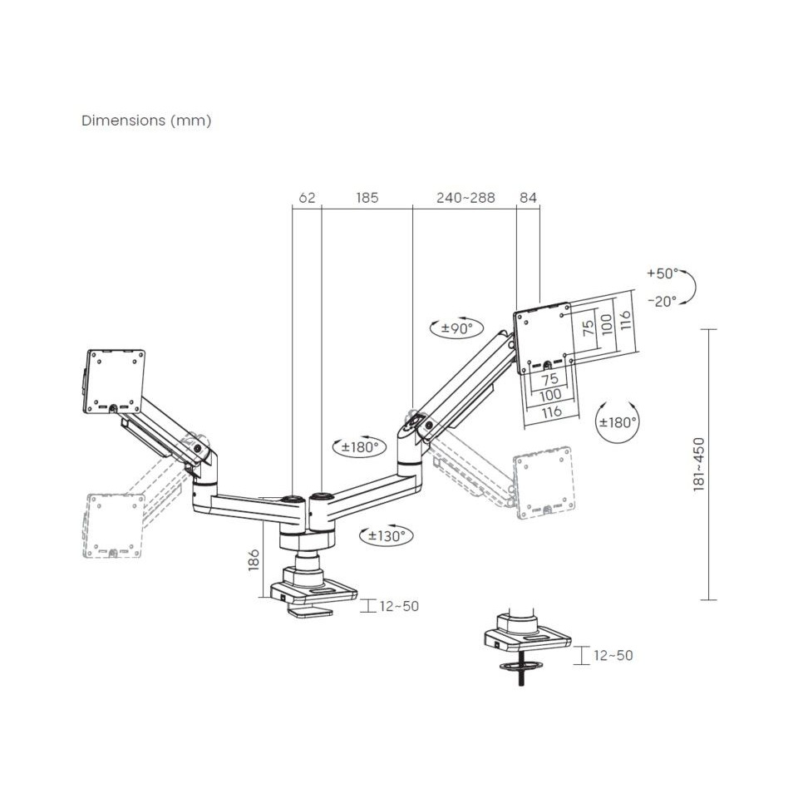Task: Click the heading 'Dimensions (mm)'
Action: [146, 121]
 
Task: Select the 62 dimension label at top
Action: [307, 198]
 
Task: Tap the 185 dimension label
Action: [367, 198]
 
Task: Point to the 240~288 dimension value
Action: [465, 198]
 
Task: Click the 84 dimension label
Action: [528, 198]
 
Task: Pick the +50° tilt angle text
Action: [662, 273]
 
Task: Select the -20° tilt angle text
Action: [662, 301]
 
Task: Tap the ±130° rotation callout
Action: [386, 536]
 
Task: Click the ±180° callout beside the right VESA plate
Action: [618, 421]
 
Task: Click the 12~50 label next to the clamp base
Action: [399, 606]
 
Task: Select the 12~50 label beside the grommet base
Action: [613, 655]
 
